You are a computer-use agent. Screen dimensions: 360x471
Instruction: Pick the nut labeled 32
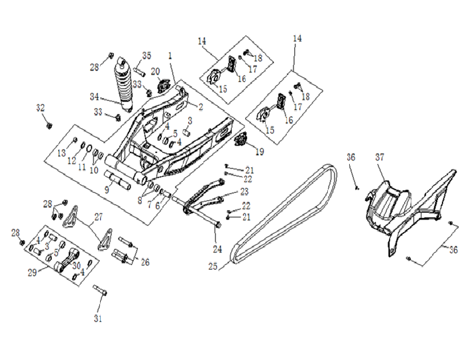tap(49, 123)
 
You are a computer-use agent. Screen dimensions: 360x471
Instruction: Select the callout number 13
tap(62, 153)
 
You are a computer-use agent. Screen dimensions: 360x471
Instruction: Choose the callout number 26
tap(144, 262)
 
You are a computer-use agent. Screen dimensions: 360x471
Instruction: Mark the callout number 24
tap(215, 249)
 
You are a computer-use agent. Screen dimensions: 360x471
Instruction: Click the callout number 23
tap(245, 192)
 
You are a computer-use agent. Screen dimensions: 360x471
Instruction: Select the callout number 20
tap(156, 71)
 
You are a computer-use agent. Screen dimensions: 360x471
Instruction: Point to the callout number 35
tap(146, 55)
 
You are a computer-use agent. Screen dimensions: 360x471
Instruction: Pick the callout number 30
tap(77, 266)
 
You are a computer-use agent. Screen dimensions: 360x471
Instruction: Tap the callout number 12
tap(71, 161)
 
